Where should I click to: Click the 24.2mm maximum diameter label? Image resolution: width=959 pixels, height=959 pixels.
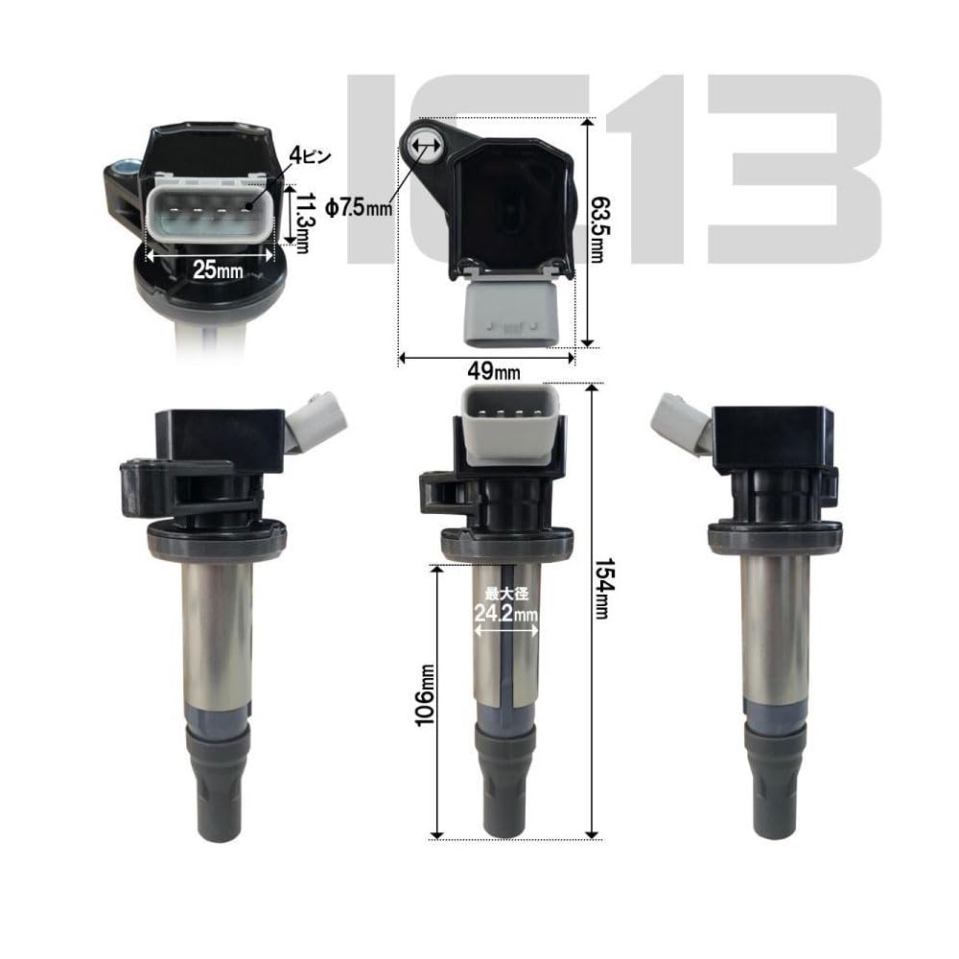click(506, 613)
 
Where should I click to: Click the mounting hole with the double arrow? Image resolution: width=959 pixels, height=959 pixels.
click(423, 146)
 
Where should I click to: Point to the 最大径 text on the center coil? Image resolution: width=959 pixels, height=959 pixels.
click(506, 594)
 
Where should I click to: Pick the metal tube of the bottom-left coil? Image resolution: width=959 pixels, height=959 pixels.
click(217, 633)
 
